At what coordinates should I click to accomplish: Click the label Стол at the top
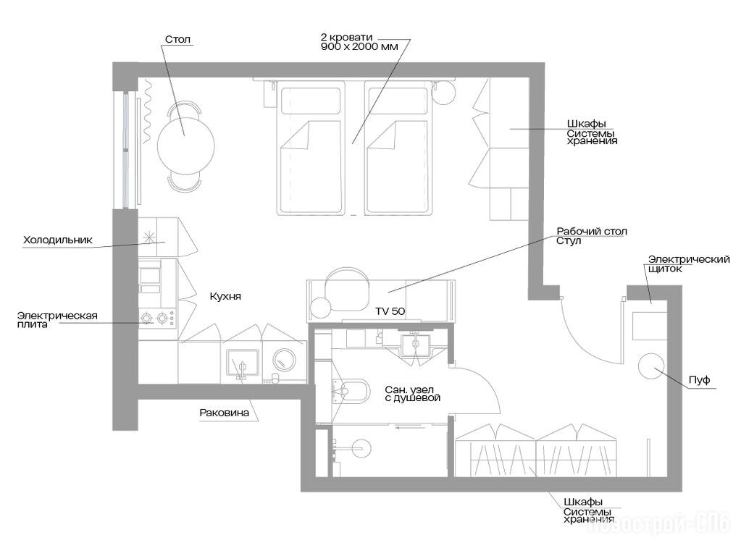pos(177,40)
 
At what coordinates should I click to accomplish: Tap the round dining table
pos(185,146)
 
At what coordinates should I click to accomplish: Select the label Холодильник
pos(58,240)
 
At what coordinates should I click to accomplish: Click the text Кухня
pos(225,296)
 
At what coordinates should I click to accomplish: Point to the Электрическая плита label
pos(57,320)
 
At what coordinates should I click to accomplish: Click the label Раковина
pos(224,413)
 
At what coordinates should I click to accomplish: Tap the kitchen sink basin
pos(243,363)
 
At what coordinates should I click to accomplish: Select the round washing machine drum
pos(285,361)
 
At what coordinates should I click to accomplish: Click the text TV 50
pos(390,311)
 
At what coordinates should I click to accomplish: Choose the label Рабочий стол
pos(592,232)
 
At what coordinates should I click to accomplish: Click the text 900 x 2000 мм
pos(359,46)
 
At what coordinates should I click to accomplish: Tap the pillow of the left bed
pos(311,101)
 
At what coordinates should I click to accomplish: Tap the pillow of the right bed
pos(398,101)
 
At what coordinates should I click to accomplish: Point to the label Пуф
pos(700,380)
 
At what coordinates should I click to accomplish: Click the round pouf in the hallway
pos(650,366)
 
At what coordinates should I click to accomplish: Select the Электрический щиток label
pos(689,264)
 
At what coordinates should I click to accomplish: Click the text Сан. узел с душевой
pos(413,394)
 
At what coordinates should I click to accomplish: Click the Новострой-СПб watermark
pos(659,525)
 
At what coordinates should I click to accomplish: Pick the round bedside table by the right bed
pos(444,94)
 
